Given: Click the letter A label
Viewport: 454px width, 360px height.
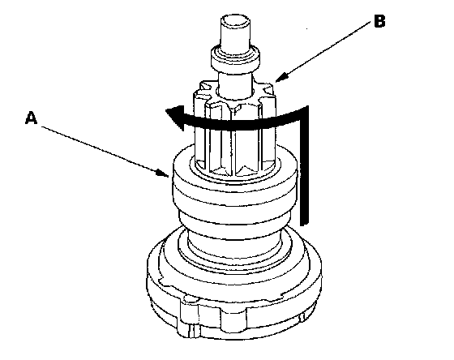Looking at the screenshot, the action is (x=32, y=118).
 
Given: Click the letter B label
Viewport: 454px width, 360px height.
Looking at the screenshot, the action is (x=379, y=21).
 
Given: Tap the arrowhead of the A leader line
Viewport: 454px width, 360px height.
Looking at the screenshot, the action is (x=163, y=173).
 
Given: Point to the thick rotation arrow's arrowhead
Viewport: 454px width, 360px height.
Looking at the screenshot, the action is (x=175, y=118).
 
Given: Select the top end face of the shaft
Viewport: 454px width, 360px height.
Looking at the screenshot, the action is (x=235, y=21).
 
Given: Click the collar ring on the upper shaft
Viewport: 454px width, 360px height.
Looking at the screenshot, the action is (x=235, y=58).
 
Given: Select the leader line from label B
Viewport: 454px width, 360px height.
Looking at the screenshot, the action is (x=323, y=51).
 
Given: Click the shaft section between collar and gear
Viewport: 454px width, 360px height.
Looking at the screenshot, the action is (x=235, y=84).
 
